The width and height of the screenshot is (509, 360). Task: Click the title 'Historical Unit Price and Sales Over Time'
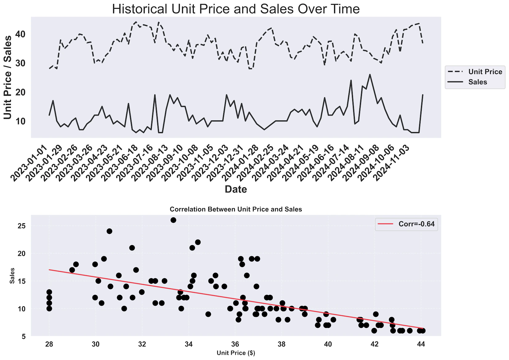[x=236, y=9]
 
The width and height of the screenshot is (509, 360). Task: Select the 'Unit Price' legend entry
[x=485, y=72]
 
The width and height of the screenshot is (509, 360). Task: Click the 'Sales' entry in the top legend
[x=478, y=82]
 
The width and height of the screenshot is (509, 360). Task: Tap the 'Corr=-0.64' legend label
[x=416, y=224]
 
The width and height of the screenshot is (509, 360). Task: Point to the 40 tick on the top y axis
[x=20, y=34]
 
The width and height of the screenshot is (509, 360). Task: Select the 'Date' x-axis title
[x=236, y=189]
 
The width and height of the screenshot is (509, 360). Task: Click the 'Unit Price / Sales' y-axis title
[x=8, y=77]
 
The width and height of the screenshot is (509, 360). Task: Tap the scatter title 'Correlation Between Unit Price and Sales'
[x=236, y=209]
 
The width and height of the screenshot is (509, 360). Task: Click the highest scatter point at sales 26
[x=173, y=220]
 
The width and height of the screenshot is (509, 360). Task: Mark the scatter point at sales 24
[x=109, y=231]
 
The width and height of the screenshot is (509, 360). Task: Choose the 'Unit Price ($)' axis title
[x=236, y=353]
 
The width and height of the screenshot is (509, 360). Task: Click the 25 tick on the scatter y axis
[x=22, y=226]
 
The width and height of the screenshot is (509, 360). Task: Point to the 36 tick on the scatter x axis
[x=235, y=344]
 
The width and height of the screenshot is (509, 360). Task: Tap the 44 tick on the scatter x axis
[x=421, y=344]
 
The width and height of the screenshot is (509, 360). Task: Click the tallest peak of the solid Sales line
[x=370, y=74]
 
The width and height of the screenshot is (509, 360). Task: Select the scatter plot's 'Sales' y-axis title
[x=12, y=276]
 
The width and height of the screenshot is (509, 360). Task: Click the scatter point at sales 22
[x=198, y=242]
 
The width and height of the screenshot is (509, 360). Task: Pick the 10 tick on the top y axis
[x=20, y=121]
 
